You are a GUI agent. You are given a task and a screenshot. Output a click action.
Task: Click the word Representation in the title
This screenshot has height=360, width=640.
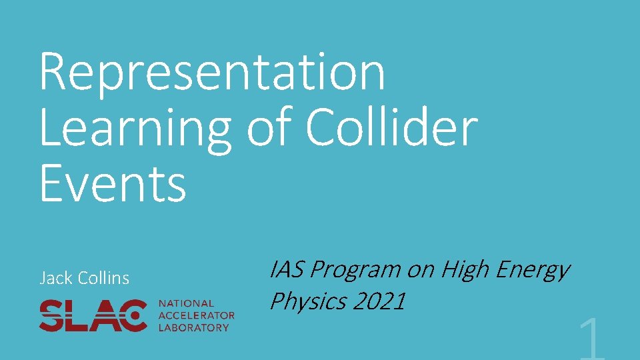click(x=212, y=73)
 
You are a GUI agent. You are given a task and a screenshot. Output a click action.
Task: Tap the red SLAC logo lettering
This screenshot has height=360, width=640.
click(x=93, y=315)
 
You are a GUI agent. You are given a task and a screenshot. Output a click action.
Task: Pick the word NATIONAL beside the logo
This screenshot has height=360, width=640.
click(x=187, y=303)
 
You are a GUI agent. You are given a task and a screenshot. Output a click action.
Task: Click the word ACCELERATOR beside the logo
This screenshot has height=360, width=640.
click(x=197, y=315)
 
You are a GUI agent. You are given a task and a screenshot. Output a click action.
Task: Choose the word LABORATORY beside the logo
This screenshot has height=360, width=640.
click(x=194, y=327)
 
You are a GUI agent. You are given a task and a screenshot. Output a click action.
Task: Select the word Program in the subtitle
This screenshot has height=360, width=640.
click(x=356, y=270)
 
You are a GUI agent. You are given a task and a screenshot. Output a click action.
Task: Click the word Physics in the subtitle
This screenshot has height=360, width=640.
click(x=308, y=301)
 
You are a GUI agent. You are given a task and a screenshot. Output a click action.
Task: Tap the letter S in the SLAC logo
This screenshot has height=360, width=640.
click(x=52, y=315)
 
